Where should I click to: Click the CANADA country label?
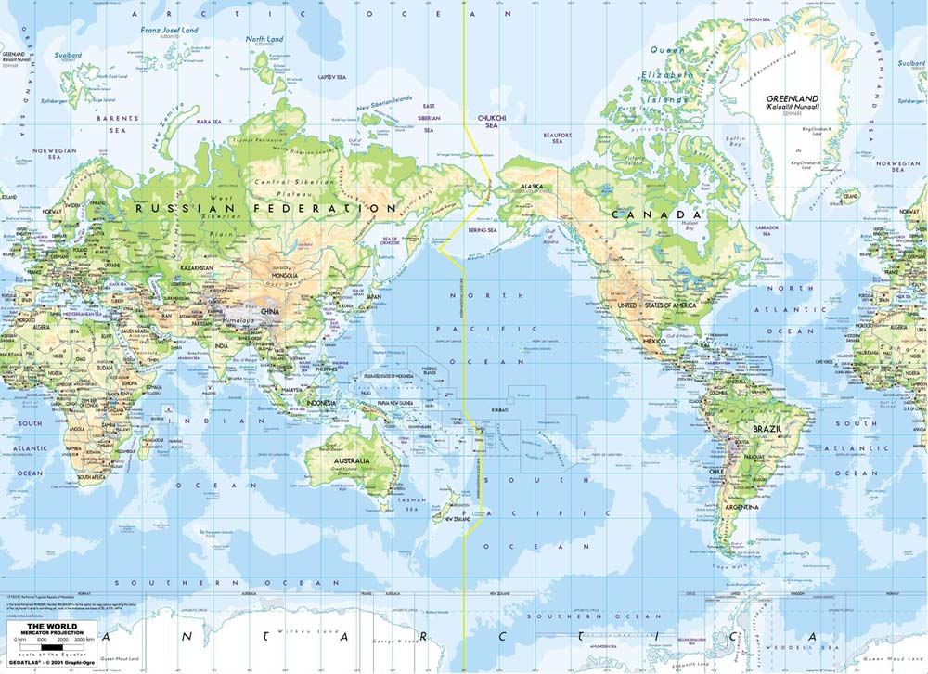point(655,214)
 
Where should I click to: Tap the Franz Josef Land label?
point(169,30)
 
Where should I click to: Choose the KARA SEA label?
point(210,122)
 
